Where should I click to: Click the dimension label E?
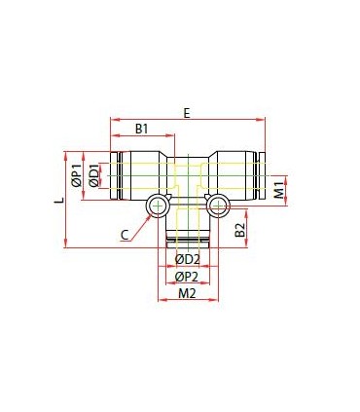click(x=186, y=113)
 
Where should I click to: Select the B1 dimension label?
click(x=141, y=130)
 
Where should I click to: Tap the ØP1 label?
click(x=77, y=175)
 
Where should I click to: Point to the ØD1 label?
click(x=94, y=175)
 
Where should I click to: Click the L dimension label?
click(x=59, y=201)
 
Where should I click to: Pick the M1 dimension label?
click(x=279, y=190)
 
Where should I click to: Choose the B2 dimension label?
click(x=239, y=230)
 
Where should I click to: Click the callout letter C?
click(x=125, y=235)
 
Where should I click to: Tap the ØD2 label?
click(x=187, y=259)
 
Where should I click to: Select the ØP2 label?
click(x=187, y=277)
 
